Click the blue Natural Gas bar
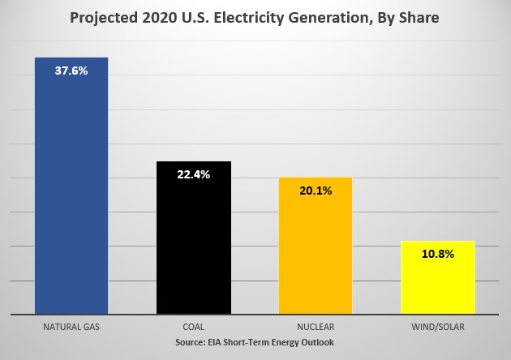click(71, 195)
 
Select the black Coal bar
click(194, 243)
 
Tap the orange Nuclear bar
click(316, 251)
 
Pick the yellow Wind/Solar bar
click(438, 284)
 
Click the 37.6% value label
click(71, 71)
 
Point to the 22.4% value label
click(194, 174)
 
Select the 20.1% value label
click(316, 191)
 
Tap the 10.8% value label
click(438, 254)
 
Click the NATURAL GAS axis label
click(71, 328)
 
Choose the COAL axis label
click(194, 328)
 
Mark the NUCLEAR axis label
click(316, 328)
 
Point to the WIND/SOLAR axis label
click(438, 328)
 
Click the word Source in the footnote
click(192, 343)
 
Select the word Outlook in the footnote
click(316, 343)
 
